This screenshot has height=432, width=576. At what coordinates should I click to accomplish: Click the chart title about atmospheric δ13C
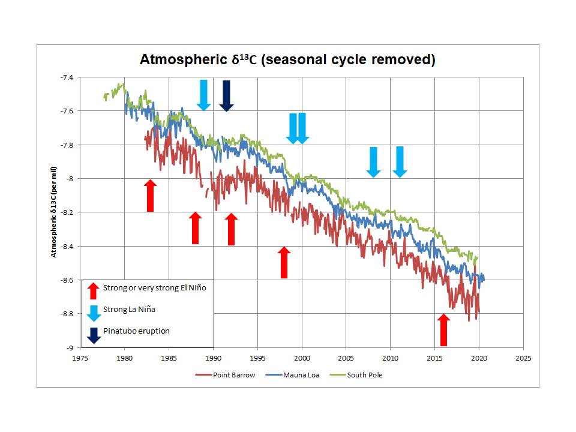point(287,60)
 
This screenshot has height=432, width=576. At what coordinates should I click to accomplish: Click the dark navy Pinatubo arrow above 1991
point(226,95)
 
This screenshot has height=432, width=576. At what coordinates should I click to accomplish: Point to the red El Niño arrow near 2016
point(443,329)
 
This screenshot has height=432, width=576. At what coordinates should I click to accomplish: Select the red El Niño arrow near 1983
point(151,196)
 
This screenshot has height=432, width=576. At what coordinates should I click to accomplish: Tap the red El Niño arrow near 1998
point(284,262)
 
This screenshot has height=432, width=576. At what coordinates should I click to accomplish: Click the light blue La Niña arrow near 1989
point(203,95)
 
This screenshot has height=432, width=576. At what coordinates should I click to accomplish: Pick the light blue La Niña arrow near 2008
point(373,162)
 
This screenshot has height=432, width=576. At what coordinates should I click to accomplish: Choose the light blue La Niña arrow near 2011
point(400,162)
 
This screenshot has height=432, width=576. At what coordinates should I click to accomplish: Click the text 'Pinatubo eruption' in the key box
point(136,331)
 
